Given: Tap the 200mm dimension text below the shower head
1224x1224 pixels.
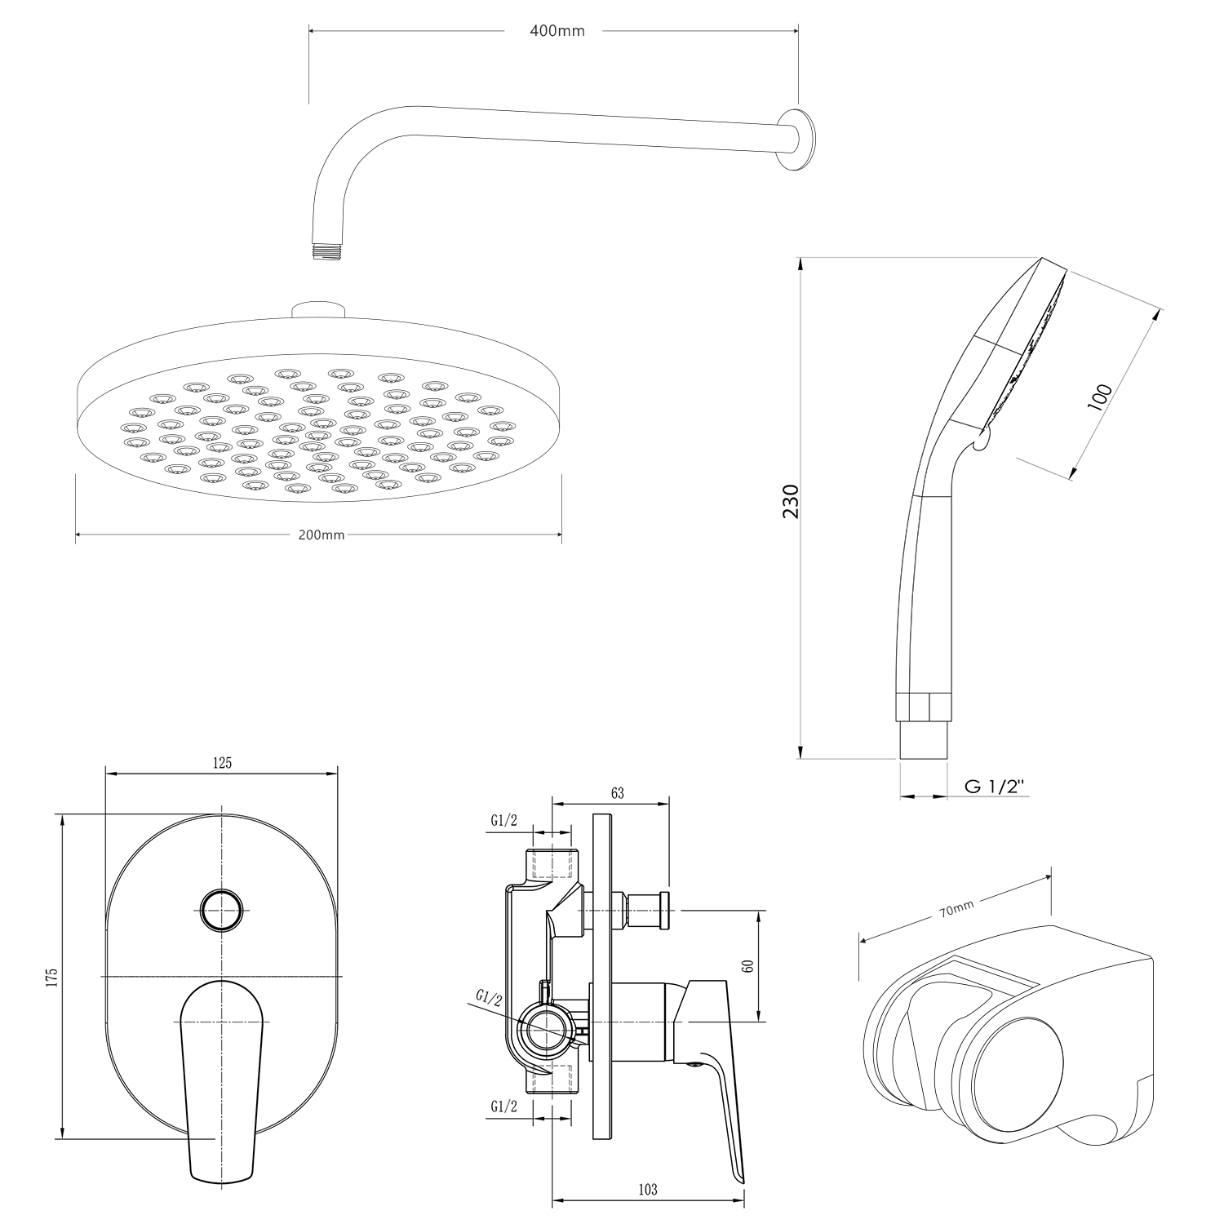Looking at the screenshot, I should [321, 535].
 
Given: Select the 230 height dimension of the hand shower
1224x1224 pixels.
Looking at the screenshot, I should [791, 502].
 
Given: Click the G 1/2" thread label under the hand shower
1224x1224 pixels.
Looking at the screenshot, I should [995, 786].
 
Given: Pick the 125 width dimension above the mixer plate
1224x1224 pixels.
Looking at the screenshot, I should [222, 763].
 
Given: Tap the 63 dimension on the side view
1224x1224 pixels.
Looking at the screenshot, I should [617, 792].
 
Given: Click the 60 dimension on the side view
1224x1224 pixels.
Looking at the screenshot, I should [748, 965].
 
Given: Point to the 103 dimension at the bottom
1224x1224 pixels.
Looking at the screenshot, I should [647, 1190].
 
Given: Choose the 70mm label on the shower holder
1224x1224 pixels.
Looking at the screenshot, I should [956, 910].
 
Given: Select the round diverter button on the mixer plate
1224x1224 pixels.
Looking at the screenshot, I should [222, 910].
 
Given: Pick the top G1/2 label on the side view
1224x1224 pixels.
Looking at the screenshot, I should [503, 820].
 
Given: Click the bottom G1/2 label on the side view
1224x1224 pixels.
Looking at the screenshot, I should [503, 1106].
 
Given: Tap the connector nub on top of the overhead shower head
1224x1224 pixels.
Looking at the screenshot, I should [319, 310].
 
